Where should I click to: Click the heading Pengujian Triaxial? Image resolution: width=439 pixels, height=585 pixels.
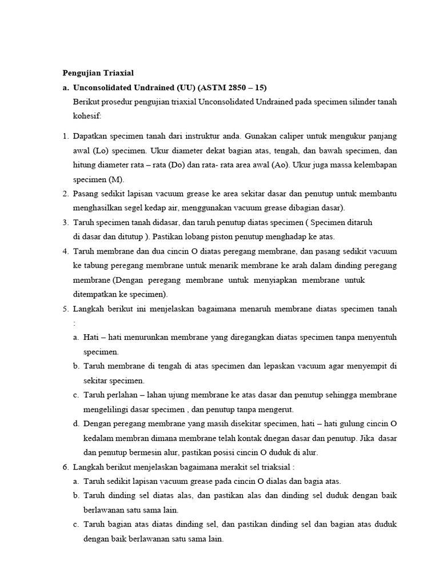pos(97,73)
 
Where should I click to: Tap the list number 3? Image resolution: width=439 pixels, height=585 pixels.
pos(65,222)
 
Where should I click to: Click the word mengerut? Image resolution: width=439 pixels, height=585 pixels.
pos(277,409)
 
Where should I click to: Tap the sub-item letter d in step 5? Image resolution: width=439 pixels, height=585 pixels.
pos(76,424)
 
